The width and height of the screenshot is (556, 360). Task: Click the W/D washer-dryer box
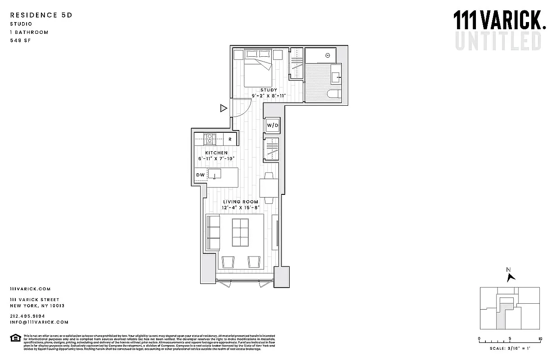(x=273, y=125)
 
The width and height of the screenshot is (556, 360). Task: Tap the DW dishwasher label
(x=200, y=175)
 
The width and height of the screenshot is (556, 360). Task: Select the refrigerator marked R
(x=230, y=139)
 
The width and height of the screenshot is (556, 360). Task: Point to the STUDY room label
(x=269, y=90)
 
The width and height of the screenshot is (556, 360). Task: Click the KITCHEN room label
(x=216, y=153)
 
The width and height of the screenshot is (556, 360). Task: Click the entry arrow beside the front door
(x=223, y=108)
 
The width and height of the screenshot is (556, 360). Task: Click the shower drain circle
(x=328, y=55)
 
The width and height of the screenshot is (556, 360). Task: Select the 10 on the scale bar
(x=540, y=339)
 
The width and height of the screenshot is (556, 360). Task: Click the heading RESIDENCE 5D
(x=41, y=15)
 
